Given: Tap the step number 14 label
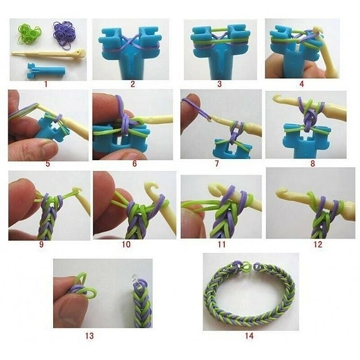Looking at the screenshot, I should (248, 336).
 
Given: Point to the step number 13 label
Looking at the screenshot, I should (89, 336).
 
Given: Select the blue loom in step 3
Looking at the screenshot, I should (216, 53).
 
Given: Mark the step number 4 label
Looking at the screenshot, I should (303, 83).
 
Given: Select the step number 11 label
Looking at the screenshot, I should (221, 244).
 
